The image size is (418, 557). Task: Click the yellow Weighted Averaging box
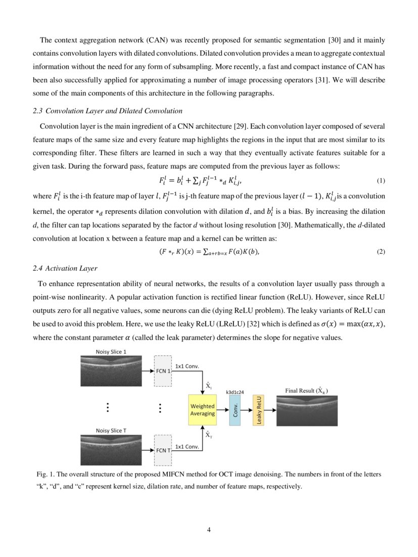[x=202, y=410]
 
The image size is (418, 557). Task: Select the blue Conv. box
[x=235, y=410]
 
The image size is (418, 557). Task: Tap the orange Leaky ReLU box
[x=258, y=410]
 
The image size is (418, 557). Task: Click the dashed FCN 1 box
[x=163, y=371]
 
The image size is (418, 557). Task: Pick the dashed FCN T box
[x=163, y=449]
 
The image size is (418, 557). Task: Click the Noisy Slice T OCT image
[x=111, y=450]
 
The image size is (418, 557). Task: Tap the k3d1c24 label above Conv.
[x=236, y=391]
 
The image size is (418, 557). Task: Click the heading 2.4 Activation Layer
[x=65, y=268]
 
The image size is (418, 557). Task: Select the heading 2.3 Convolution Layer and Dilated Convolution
[x=107, y=111]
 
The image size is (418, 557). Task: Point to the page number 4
[x=209, y=529]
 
